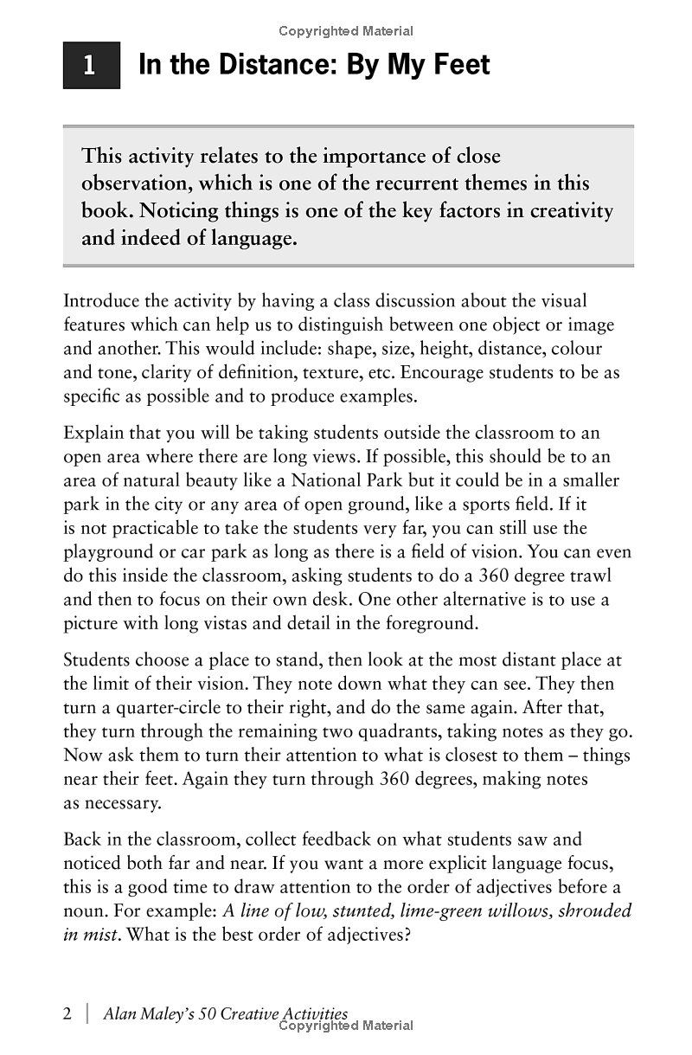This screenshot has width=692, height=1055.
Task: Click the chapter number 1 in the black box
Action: pos(90,66)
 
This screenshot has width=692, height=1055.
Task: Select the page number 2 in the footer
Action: pos(68,1014)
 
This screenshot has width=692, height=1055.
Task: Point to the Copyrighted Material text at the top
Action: pos(346,31)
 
